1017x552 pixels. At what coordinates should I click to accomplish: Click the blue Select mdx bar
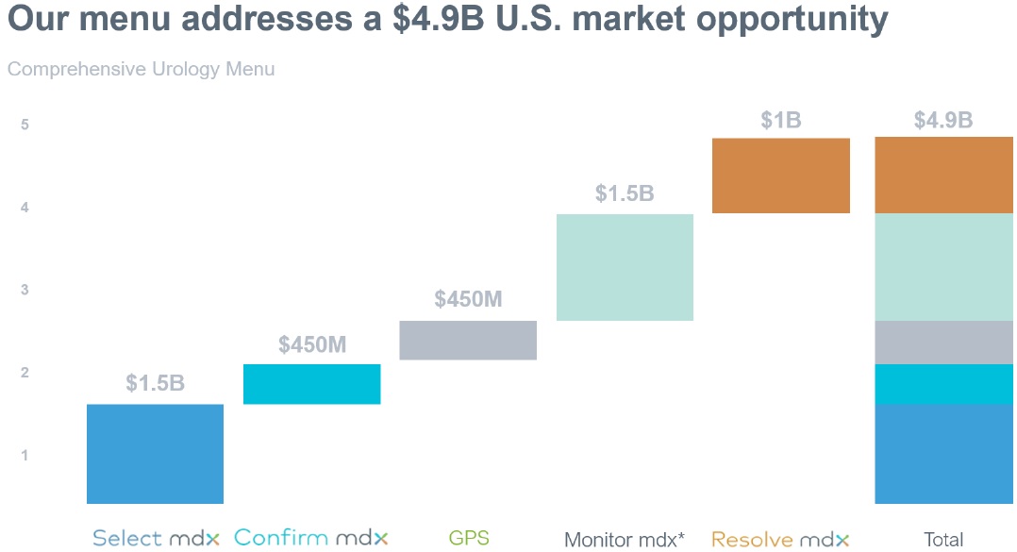coord(155,454)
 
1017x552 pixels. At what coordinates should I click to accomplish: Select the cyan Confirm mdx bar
coord(312,384)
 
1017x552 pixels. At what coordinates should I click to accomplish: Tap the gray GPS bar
coord(468,340)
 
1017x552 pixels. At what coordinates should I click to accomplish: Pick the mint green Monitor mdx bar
coord(625,267)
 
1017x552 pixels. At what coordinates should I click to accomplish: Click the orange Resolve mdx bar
coord(781,176)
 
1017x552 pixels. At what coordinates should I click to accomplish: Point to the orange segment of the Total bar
coord(943,176)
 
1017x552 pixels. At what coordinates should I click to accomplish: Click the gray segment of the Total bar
coord(943,343)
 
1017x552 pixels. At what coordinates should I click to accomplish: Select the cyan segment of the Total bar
coord(943,384)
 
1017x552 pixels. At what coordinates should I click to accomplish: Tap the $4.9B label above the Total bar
coord(943,120)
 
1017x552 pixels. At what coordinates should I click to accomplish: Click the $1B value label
coord(781,120)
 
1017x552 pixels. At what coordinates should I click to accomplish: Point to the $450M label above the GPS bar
coord(468,299)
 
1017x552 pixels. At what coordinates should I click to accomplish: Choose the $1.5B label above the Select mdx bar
coord(155,383)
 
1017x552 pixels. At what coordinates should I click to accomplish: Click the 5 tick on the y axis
coord(25,125)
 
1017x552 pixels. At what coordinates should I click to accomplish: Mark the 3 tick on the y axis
coord(25,290)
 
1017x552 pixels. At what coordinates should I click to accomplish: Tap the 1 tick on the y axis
coord(25,456)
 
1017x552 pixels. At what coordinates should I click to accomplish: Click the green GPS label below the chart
coord(469,538)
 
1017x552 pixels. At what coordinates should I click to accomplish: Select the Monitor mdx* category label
coord(625,539)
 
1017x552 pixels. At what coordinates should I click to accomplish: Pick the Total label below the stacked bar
coord(943,539)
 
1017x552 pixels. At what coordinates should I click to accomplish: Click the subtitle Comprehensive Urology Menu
coord(141,69)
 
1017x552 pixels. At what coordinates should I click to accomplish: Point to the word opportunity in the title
coord(792,20)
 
